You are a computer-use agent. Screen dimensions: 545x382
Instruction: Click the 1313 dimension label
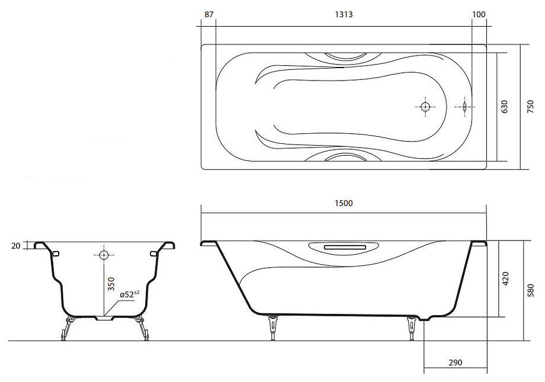(344, 14)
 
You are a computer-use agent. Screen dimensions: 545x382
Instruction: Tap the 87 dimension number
(209, 14)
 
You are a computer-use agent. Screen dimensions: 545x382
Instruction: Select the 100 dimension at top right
(479, 14)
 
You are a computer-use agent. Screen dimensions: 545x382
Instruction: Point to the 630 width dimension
(504, 107)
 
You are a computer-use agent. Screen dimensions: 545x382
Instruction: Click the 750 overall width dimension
(530, 107)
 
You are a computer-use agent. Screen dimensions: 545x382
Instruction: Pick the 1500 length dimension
(344, 203)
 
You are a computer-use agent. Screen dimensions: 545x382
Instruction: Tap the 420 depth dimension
(506, 278)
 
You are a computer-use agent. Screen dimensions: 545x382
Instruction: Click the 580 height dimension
(530, 290)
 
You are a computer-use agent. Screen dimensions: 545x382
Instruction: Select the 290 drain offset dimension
(456, 362)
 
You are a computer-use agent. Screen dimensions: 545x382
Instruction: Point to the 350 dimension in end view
(111, 284)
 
